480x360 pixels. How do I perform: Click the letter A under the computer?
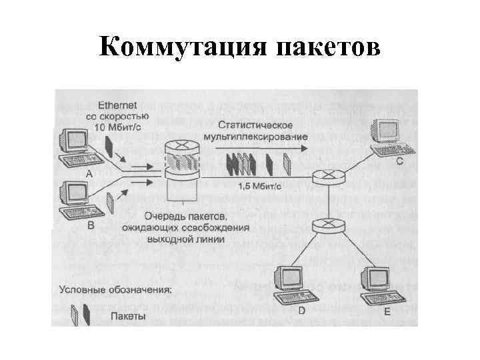coord(89,172)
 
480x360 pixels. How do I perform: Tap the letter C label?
coord(399,161)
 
